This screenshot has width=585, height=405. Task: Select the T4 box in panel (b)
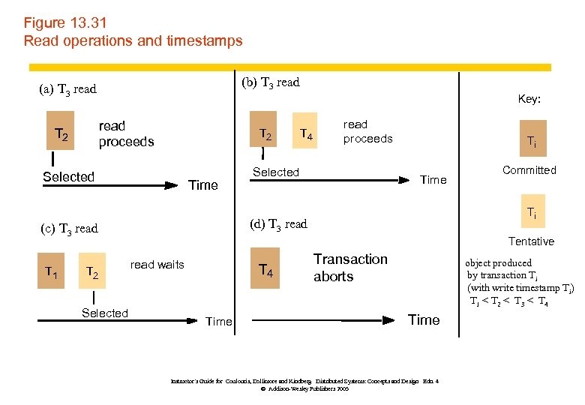click(306, 134)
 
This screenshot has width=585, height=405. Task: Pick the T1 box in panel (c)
click(51, 273)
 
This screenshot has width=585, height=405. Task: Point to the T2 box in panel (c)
click(91, 273)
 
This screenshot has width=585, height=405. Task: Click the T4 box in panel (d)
click(265, 268)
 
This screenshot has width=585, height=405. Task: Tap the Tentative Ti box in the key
click(530, 213)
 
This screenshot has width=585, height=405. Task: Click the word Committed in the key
click(529, 170)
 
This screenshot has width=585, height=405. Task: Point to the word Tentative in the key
click(531, 241)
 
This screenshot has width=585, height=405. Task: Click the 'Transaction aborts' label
click(350, 268)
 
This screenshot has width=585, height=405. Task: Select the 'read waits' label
click(157, 265)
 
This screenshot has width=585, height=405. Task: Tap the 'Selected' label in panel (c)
click(105, 313)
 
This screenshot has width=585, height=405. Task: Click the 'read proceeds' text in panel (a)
click(126, 134)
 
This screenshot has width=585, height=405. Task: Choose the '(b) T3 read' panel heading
click(271, 82)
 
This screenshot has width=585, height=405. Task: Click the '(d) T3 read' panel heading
click(278, 223)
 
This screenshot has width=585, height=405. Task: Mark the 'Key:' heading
click(529, 99)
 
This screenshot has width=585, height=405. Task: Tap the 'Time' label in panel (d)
click(424, 320)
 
